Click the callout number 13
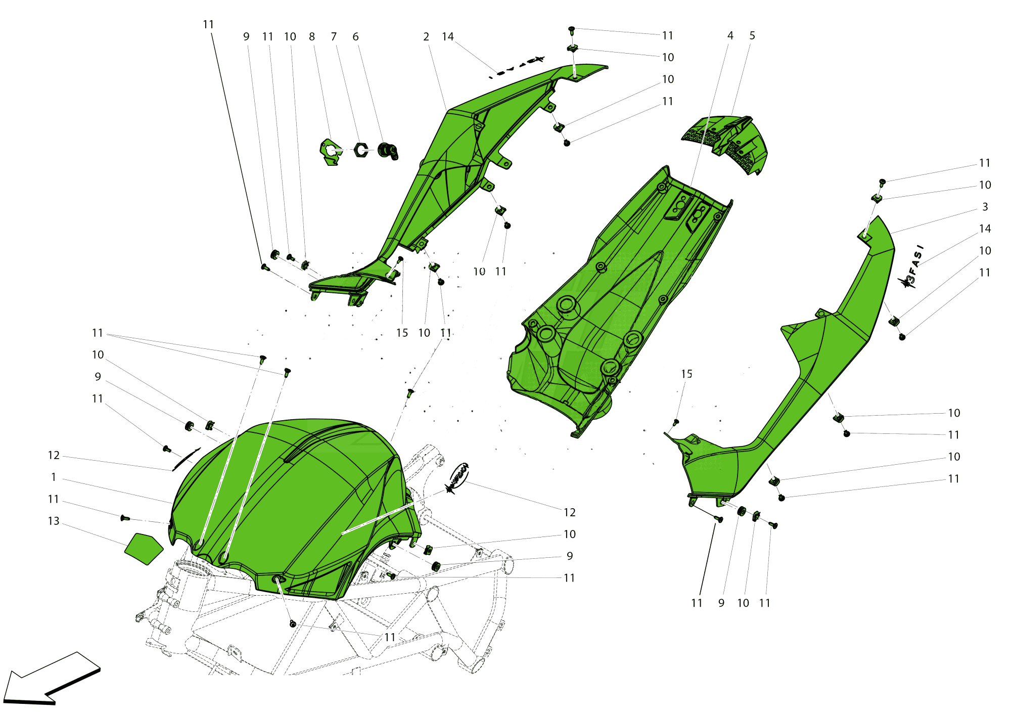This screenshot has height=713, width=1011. (54, 521)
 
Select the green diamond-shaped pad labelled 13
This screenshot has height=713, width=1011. (144, 548)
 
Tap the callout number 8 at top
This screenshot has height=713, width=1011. (312, 36)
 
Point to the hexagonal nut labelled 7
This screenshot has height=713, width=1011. (360, 150)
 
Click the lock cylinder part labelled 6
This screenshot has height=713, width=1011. (388, 150)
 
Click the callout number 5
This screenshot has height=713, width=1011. (752, 35)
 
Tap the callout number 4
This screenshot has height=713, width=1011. (730, 35)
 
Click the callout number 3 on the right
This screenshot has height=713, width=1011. (985, 207)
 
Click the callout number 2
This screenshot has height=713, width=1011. (426, 36)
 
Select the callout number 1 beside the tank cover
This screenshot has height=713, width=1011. (54, 477)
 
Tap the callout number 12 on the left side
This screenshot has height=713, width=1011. (54, 455)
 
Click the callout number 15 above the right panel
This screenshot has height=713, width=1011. (686, 374)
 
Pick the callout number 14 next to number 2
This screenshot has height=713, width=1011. (448, 36)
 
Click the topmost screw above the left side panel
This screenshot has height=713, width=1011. (572, 29)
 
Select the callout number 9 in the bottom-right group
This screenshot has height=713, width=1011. (721, 603)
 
